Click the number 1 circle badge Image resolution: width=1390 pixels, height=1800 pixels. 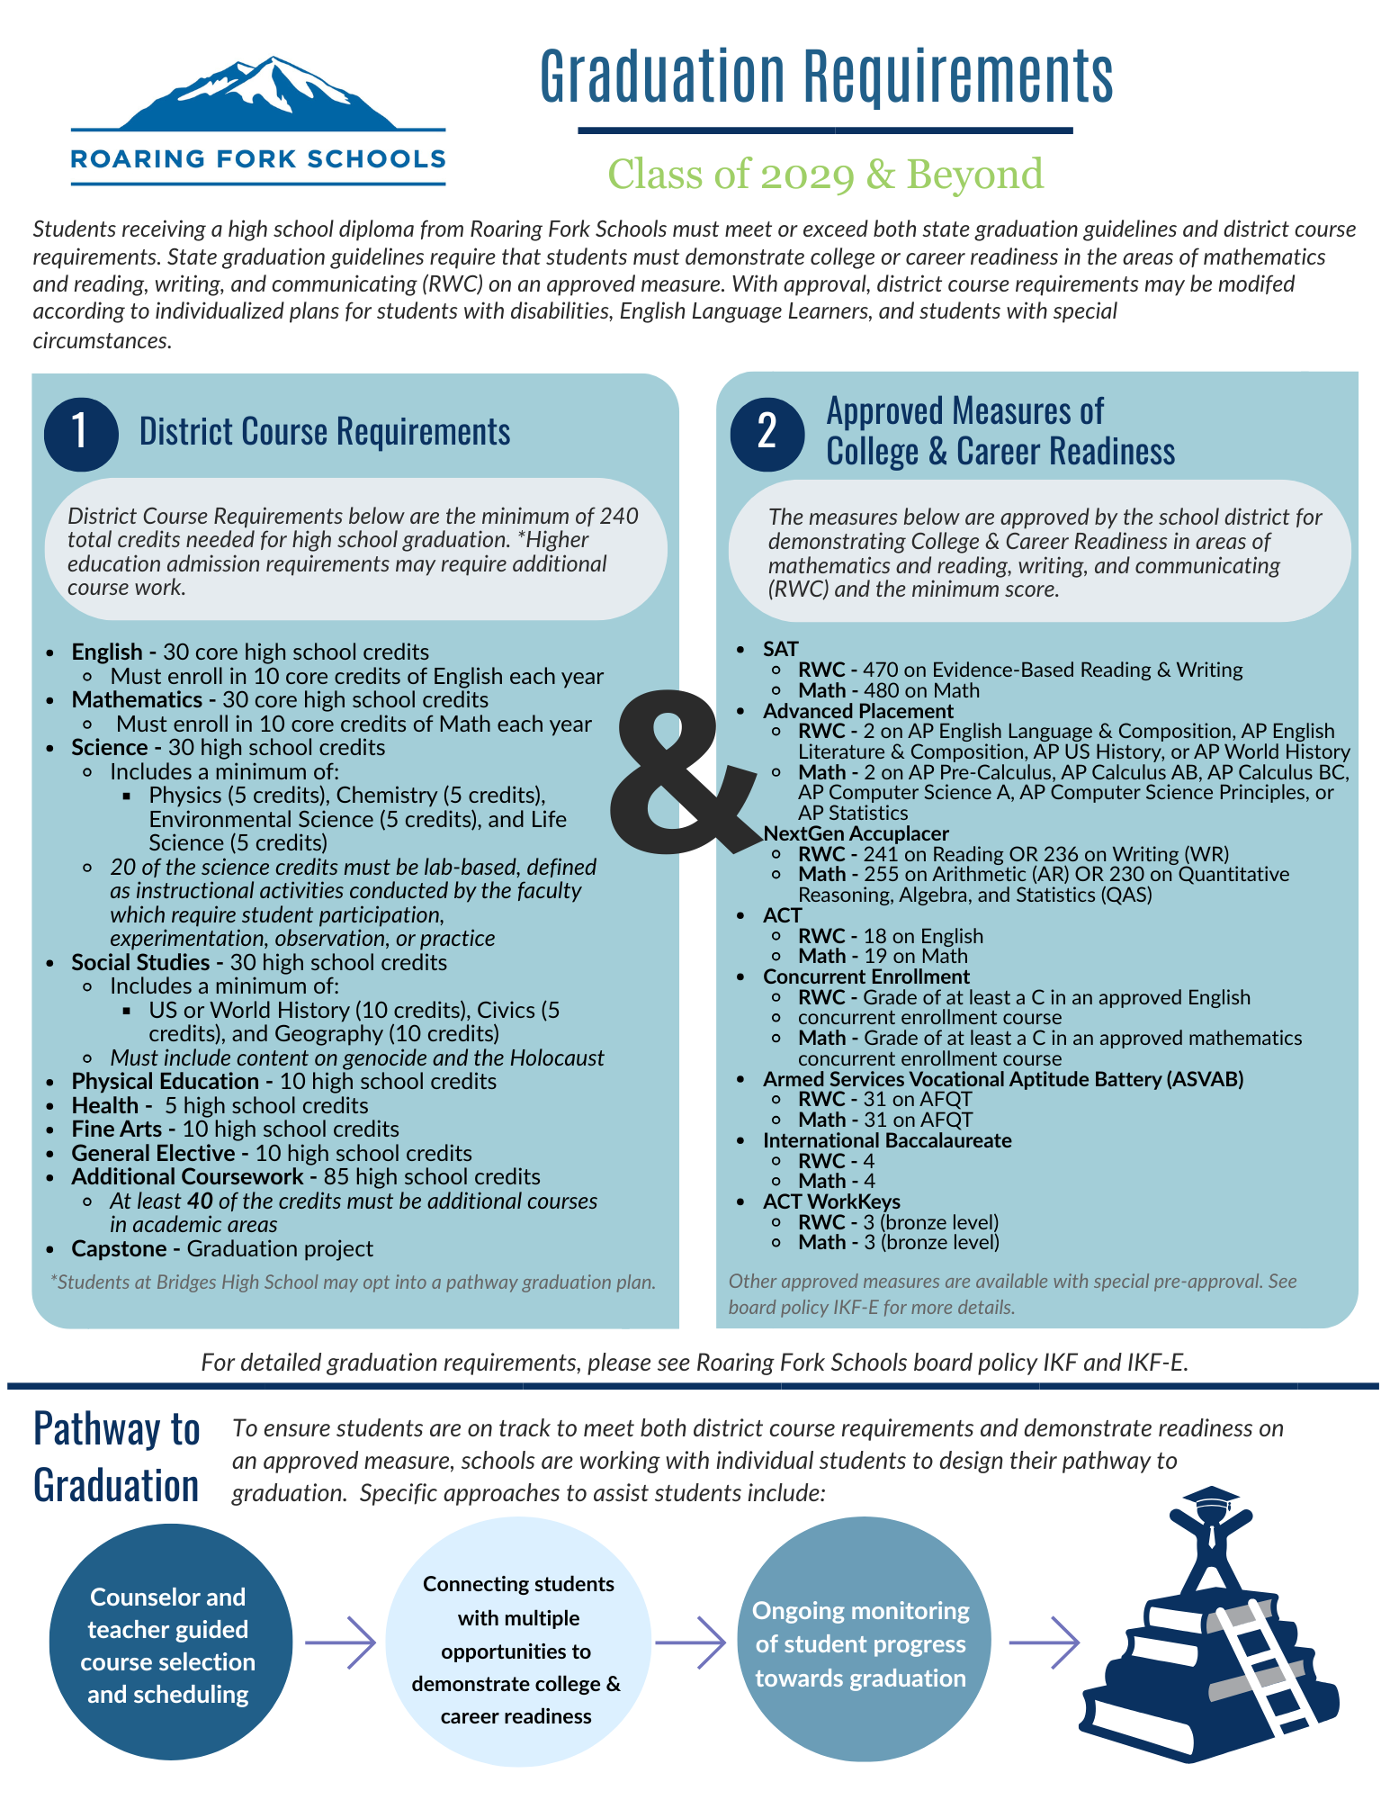[81, 434]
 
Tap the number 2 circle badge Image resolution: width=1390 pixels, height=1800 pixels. [767, 433]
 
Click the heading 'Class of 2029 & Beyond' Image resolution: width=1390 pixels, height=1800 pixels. [825, 175]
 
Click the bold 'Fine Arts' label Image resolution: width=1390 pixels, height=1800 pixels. [117, 1129]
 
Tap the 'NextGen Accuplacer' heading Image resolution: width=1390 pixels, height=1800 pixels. [856, 834]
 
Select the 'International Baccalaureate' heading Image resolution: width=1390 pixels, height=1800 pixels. [887, 1141]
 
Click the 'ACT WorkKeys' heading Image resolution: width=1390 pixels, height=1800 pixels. [831, 1202]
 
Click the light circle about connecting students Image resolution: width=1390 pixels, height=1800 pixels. [517, 1649]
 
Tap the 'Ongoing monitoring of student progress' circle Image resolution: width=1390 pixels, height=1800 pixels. [860, 1643]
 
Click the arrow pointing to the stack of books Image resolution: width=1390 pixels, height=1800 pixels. [1044, 1642]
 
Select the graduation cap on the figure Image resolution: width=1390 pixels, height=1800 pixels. [1211, 1497]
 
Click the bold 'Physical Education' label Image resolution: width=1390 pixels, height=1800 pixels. [166, 1082]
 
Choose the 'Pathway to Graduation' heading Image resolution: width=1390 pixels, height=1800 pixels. [116, 1458]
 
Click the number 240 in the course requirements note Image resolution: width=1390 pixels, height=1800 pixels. [619, 517]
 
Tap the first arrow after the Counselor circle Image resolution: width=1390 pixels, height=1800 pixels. [339, 1643]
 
